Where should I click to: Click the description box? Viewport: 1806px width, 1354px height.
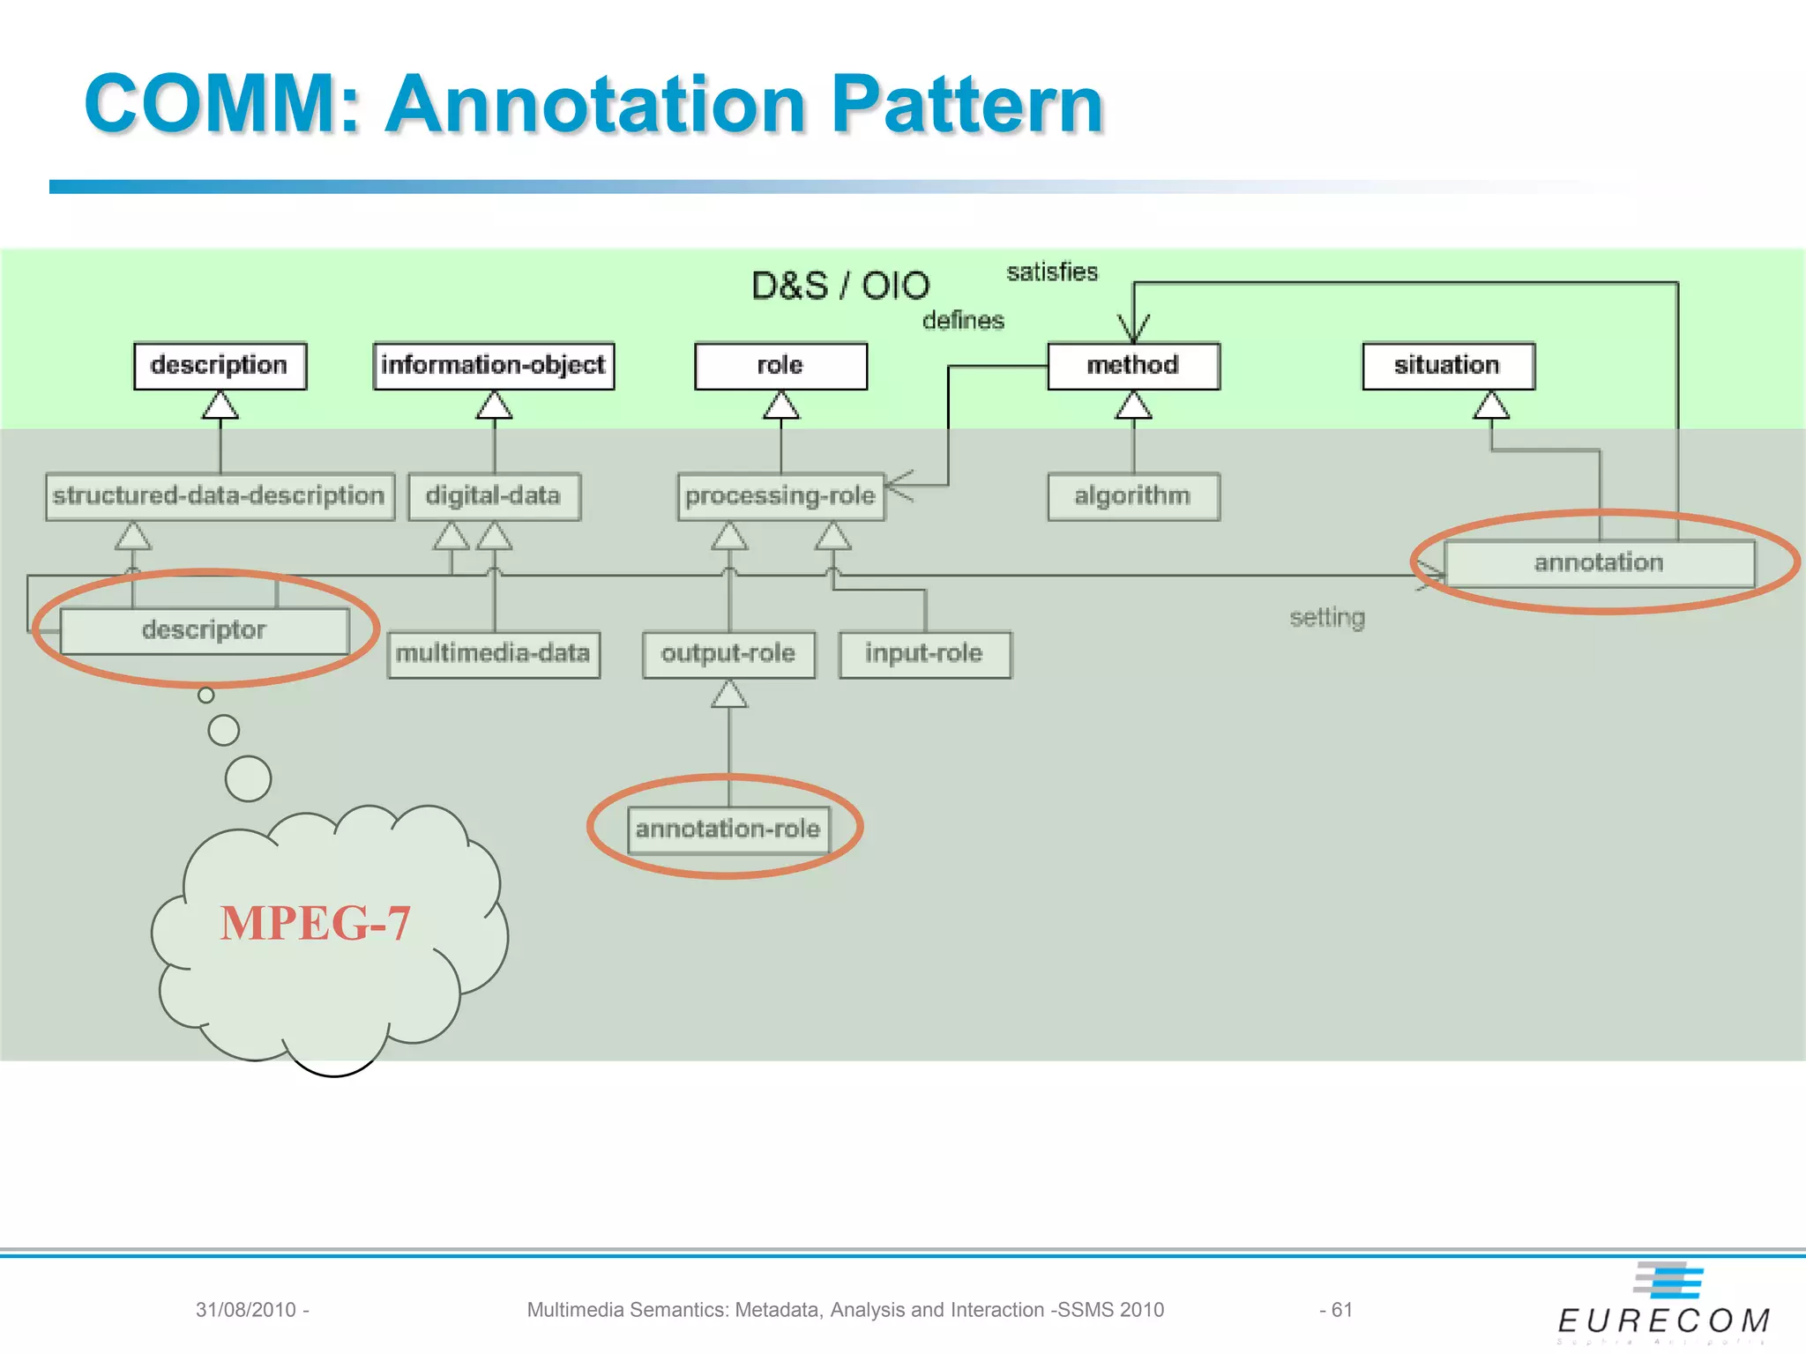point(220,366)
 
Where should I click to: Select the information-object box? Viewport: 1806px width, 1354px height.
point(493,366)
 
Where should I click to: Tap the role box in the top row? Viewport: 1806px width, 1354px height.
point(780,366)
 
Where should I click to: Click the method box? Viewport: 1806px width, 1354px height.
point(1133,366)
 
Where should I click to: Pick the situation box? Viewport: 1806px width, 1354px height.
point(1448,366)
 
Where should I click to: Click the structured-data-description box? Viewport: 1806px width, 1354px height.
point(220,496)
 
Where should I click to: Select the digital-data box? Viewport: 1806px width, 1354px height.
point(494,496)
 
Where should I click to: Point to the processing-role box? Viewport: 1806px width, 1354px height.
point(780,496)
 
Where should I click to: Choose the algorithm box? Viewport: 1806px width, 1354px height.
point(1133,496)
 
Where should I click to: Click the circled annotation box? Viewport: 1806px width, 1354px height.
point(1599,563)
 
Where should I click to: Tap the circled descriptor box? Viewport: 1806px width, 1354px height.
point(205,630)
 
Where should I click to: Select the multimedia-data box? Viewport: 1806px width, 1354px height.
point(493,654)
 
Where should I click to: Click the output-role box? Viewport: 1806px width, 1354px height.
point(728,654)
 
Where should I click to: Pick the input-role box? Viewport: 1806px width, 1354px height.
point(924,654)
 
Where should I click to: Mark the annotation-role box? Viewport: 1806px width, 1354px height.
point(728,830)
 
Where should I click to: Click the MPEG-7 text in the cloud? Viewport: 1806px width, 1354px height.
point(316,923)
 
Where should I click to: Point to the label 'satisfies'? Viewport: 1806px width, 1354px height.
point(1052,272)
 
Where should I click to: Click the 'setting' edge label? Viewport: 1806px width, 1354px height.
point(1327,617)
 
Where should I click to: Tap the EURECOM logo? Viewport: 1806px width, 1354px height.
point(1664,1304)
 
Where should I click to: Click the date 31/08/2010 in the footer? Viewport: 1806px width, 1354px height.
point(246,1310)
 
